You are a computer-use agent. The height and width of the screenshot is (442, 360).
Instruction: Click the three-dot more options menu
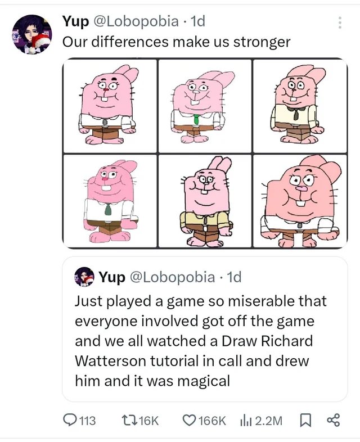(339, 22)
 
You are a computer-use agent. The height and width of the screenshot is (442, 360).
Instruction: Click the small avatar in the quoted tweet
(85, 277)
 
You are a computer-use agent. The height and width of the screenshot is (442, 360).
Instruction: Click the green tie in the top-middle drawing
(196, 119)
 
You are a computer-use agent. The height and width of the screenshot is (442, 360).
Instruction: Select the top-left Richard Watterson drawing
(109, 105)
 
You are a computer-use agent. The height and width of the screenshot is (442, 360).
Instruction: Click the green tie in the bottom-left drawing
(108, 210)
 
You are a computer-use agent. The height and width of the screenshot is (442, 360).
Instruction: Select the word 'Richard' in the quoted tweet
(285, 341)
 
